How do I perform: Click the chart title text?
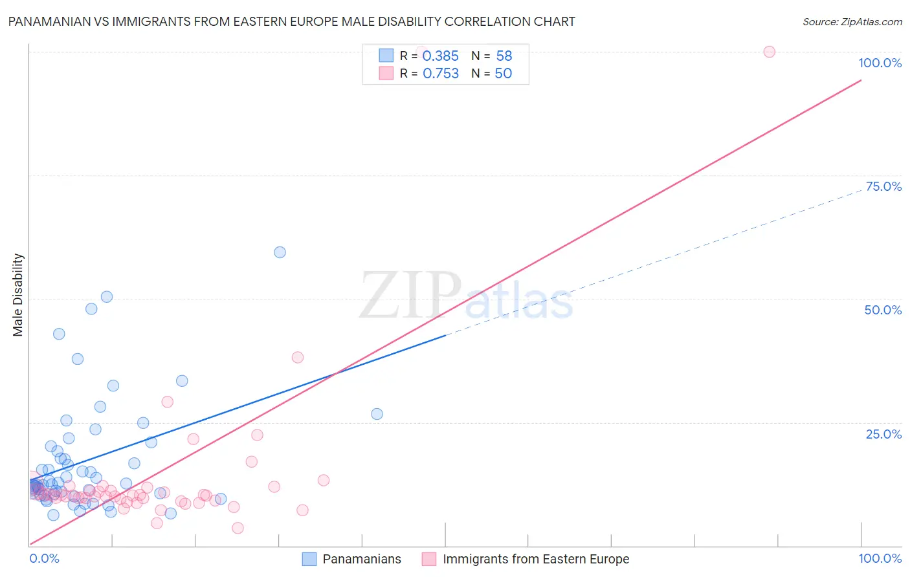click(x=291, y=21)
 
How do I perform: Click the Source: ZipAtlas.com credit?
click(x=852, y=21)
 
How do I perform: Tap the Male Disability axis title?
click(x=18, y=294)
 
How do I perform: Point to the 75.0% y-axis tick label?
click(x=883, y=186)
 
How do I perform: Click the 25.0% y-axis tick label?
click(x=883, y=434)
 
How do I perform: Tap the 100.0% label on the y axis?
click(x=880, y=63)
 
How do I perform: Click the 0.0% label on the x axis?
click(x=44, y=559)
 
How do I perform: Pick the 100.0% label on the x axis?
click(x=880, y=559)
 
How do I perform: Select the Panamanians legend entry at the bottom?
click(x=361, y=560)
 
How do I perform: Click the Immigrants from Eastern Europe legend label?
click(x=535, y=560)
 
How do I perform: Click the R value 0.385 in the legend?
click(x=440, y=56)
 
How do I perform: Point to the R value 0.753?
click(x=440, y=74)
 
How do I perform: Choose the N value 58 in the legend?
click(x=504, y=56)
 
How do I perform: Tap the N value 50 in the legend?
click(x=503, y=74)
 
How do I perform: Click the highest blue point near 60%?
click(x=280, y=252)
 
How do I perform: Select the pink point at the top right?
click(x=769, y=52)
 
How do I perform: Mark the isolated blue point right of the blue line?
click(x=377, y=414)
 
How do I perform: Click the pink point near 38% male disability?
click(x=298, y=357)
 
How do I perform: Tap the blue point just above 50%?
click(x=107, y=297)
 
